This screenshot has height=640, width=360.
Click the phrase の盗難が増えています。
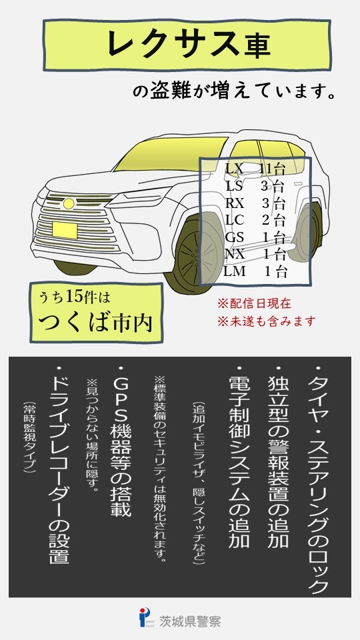click(234, 91)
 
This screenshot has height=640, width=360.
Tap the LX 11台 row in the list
click(255, 169)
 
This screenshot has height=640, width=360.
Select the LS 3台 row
click(255, 186)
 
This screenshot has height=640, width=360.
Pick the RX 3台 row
click(255, 203)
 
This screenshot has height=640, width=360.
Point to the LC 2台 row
click(255, 220)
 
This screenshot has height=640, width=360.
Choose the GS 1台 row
click(255, 237)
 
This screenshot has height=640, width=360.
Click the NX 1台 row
click(255, 254)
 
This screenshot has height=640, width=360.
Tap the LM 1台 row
click(255, 271)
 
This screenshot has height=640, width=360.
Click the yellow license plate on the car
click(65, 230)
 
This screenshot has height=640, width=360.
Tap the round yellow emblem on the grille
click(69, 203)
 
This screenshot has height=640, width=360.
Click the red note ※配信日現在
click(255, 304)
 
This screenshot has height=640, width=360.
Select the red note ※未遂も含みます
click(267, 321)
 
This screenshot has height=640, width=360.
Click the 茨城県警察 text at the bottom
click(190, 621)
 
